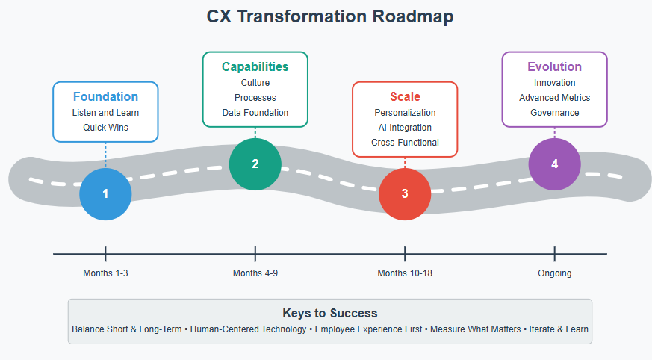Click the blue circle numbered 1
pos(105,194)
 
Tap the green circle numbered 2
pos(255,164)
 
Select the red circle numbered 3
pos(405,194)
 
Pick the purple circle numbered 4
pos(555,164)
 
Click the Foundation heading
pos(105,96)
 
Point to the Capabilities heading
pos(255,67)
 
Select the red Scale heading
pos(405,96)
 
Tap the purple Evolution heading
pos(555,66)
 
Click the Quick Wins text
pos(105,128)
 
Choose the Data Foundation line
pos(255,113)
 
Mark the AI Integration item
pos(405,128)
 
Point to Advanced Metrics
pos(555,98)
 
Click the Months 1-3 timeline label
pos(105,273)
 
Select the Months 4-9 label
pos(255,273)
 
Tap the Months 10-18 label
pos(405,273)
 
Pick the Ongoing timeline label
pos(555,273)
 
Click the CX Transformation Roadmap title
pos(330,16)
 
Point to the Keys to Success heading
pos(330,313)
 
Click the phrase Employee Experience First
pos(368,329)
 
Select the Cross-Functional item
pos(405,143)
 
